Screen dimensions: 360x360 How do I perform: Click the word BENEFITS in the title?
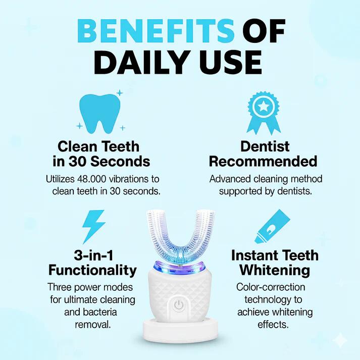click(x=157, y=31)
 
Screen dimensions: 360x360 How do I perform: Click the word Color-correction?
click(x=271, y=287)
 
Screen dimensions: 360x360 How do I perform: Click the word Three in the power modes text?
click(x=62, y=287)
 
